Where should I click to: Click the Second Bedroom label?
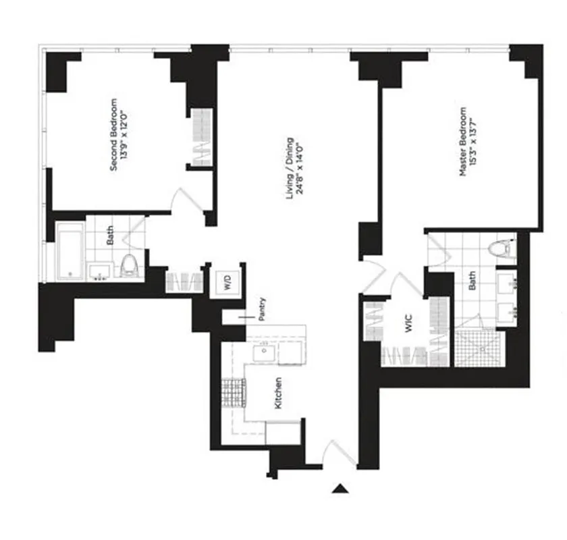coord(113,135)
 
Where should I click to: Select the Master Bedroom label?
coord(463,145)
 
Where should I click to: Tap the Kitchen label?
coord(277,394)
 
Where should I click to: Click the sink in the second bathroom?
coord(99,271)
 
